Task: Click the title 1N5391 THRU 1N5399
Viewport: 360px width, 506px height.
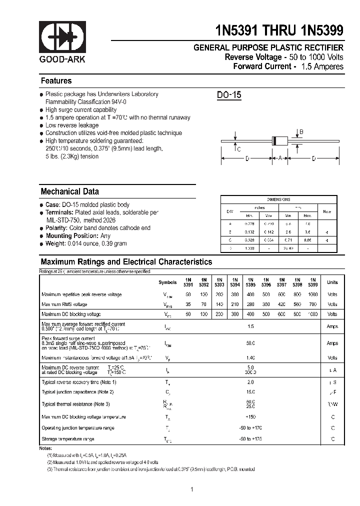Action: pos(279,31)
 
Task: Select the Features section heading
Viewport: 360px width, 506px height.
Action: pos(56,81)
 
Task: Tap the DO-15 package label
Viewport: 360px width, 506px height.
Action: pos(229,95)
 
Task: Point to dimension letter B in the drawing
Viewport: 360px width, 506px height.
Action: pos(301,132)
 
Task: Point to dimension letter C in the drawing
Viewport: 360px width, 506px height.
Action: pos(239,149)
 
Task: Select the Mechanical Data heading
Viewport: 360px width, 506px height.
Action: pos(69,191)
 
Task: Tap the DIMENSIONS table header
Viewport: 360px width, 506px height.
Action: pos(278,199)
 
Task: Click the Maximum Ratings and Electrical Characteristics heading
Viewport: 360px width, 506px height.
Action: pos(126,262)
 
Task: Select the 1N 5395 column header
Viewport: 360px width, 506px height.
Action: pos(250,282)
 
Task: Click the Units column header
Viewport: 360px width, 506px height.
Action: pos(332,282)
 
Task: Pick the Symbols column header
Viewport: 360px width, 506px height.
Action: pos(167,282)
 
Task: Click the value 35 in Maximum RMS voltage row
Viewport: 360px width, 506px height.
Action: pos(188,304)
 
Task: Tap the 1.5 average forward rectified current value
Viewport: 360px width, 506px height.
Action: pos(250,326)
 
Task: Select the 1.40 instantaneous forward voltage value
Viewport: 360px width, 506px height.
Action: pos(250,358)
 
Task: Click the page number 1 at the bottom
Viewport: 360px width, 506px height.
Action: pos(191,489)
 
